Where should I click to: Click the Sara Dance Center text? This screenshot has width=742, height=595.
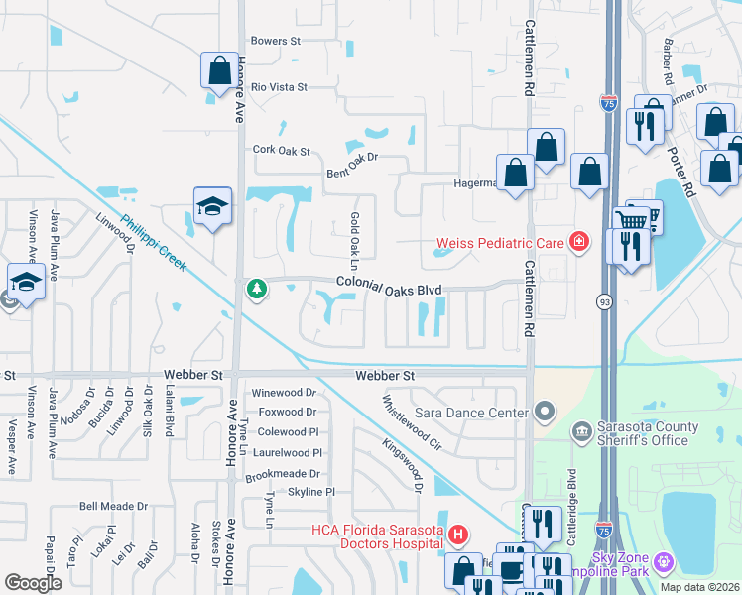pos(476,412)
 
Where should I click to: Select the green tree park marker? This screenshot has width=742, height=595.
pos(257,289)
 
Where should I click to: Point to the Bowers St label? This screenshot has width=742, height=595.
pos(275,41)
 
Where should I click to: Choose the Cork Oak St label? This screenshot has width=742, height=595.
pos(282,152)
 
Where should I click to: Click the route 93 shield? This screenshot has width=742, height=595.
pos(603,300)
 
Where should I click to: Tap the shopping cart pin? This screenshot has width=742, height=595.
pos(631,220)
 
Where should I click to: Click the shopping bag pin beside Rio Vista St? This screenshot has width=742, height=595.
pos(218,70)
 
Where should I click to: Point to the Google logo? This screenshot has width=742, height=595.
pos(34,582)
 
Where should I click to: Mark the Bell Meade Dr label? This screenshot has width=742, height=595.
pos(113,506)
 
